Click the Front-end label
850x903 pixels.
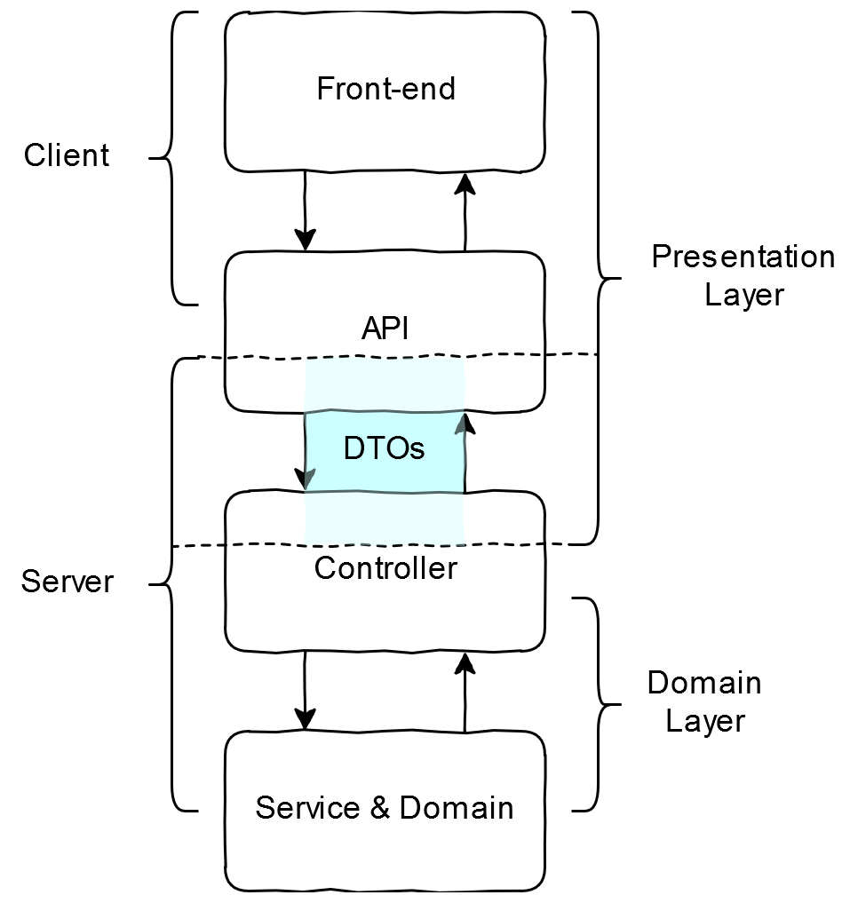click(385, 90)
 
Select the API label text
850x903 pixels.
click(385, 329)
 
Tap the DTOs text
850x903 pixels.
click(384, 449)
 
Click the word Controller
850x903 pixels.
click(385, 568)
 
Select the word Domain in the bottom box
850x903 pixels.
click(456, 809)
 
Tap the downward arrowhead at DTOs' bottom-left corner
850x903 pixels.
click(309, 479)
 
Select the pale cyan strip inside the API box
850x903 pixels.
click(385, 384)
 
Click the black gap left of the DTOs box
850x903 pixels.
click(266, 451)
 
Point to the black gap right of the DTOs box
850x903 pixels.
click(503, 451)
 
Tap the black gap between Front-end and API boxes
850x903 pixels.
click(385, 211)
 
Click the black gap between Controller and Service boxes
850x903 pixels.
click(385, 691)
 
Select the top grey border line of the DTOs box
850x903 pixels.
click(385, 412)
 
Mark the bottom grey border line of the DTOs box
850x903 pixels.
click(385, 491)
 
